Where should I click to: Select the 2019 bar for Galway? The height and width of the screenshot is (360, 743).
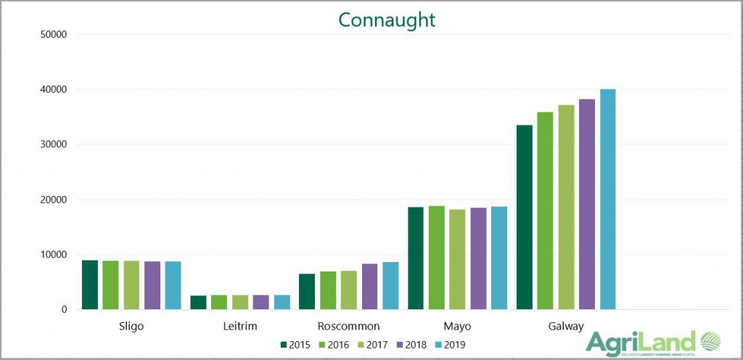point(607,200)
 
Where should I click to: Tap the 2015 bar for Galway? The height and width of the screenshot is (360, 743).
point(524,218)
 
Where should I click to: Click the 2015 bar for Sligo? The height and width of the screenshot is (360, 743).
point(89,285)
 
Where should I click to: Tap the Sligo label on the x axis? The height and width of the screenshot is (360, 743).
point(131,326)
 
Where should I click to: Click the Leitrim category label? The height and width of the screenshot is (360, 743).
point(239,326)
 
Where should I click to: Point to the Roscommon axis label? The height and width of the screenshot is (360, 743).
point(348,326)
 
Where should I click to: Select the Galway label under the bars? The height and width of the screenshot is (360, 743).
point(565,326)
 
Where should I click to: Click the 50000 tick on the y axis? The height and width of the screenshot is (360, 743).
point(53,34)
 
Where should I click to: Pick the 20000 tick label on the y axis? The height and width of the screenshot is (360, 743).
point(53,200)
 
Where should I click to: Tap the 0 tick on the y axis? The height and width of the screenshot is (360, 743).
point(64,310)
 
